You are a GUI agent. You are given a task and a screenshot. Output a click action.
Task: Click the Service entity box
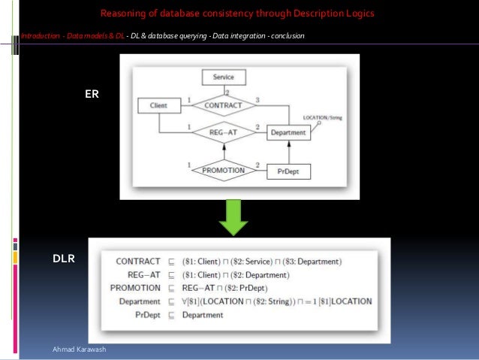224,77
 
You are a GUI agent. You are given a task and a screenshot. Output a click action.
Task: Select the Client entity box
158,106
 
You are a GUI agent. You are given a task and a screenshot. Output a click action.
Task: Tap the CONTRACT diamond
224,106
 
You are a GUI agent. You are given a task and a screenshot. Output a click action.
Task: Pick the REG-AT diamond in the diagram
223,132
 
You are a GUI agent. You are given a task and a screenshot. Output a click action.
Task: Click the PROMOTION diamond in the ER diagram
224,171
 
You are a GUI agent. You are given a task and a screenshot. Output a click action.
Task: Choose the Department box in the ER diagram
288,133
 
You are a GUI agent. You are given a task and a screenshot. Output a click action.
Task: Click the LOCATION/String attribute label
323,118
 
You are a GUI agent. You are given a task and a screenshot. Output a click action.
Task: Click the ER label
92,95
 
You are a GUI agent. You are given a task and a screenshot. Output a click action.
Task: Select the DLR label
63,259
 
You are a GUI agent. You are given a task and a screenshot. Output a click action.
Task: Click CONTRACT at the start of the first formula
138,262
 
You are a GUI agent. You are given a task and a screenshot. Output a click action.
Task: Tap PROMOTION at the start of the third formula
135,288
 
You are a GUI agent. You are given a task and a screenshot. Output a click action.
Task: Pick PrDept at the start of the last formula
144,315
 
